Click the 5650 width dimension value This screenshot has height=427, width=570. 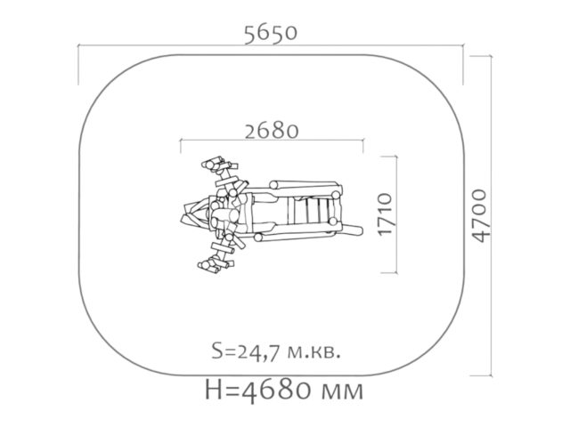[271, 34]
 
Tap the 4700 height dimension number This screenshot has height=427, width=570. [480, 215]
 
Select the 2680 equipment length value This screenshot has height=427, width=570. [272, 131]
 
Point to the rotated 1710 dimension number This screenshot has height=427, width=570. [386, 214]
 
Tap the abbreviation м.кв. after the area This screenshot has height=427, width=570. [314, 352]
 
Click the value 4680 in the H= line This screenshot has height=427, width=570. [278, 390]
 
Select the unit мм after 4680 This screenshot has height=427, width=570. [343, 392]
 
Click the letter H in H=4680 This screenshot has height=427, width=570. [214, 390]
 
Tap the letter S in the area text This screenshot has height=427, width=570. [217, 352]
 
